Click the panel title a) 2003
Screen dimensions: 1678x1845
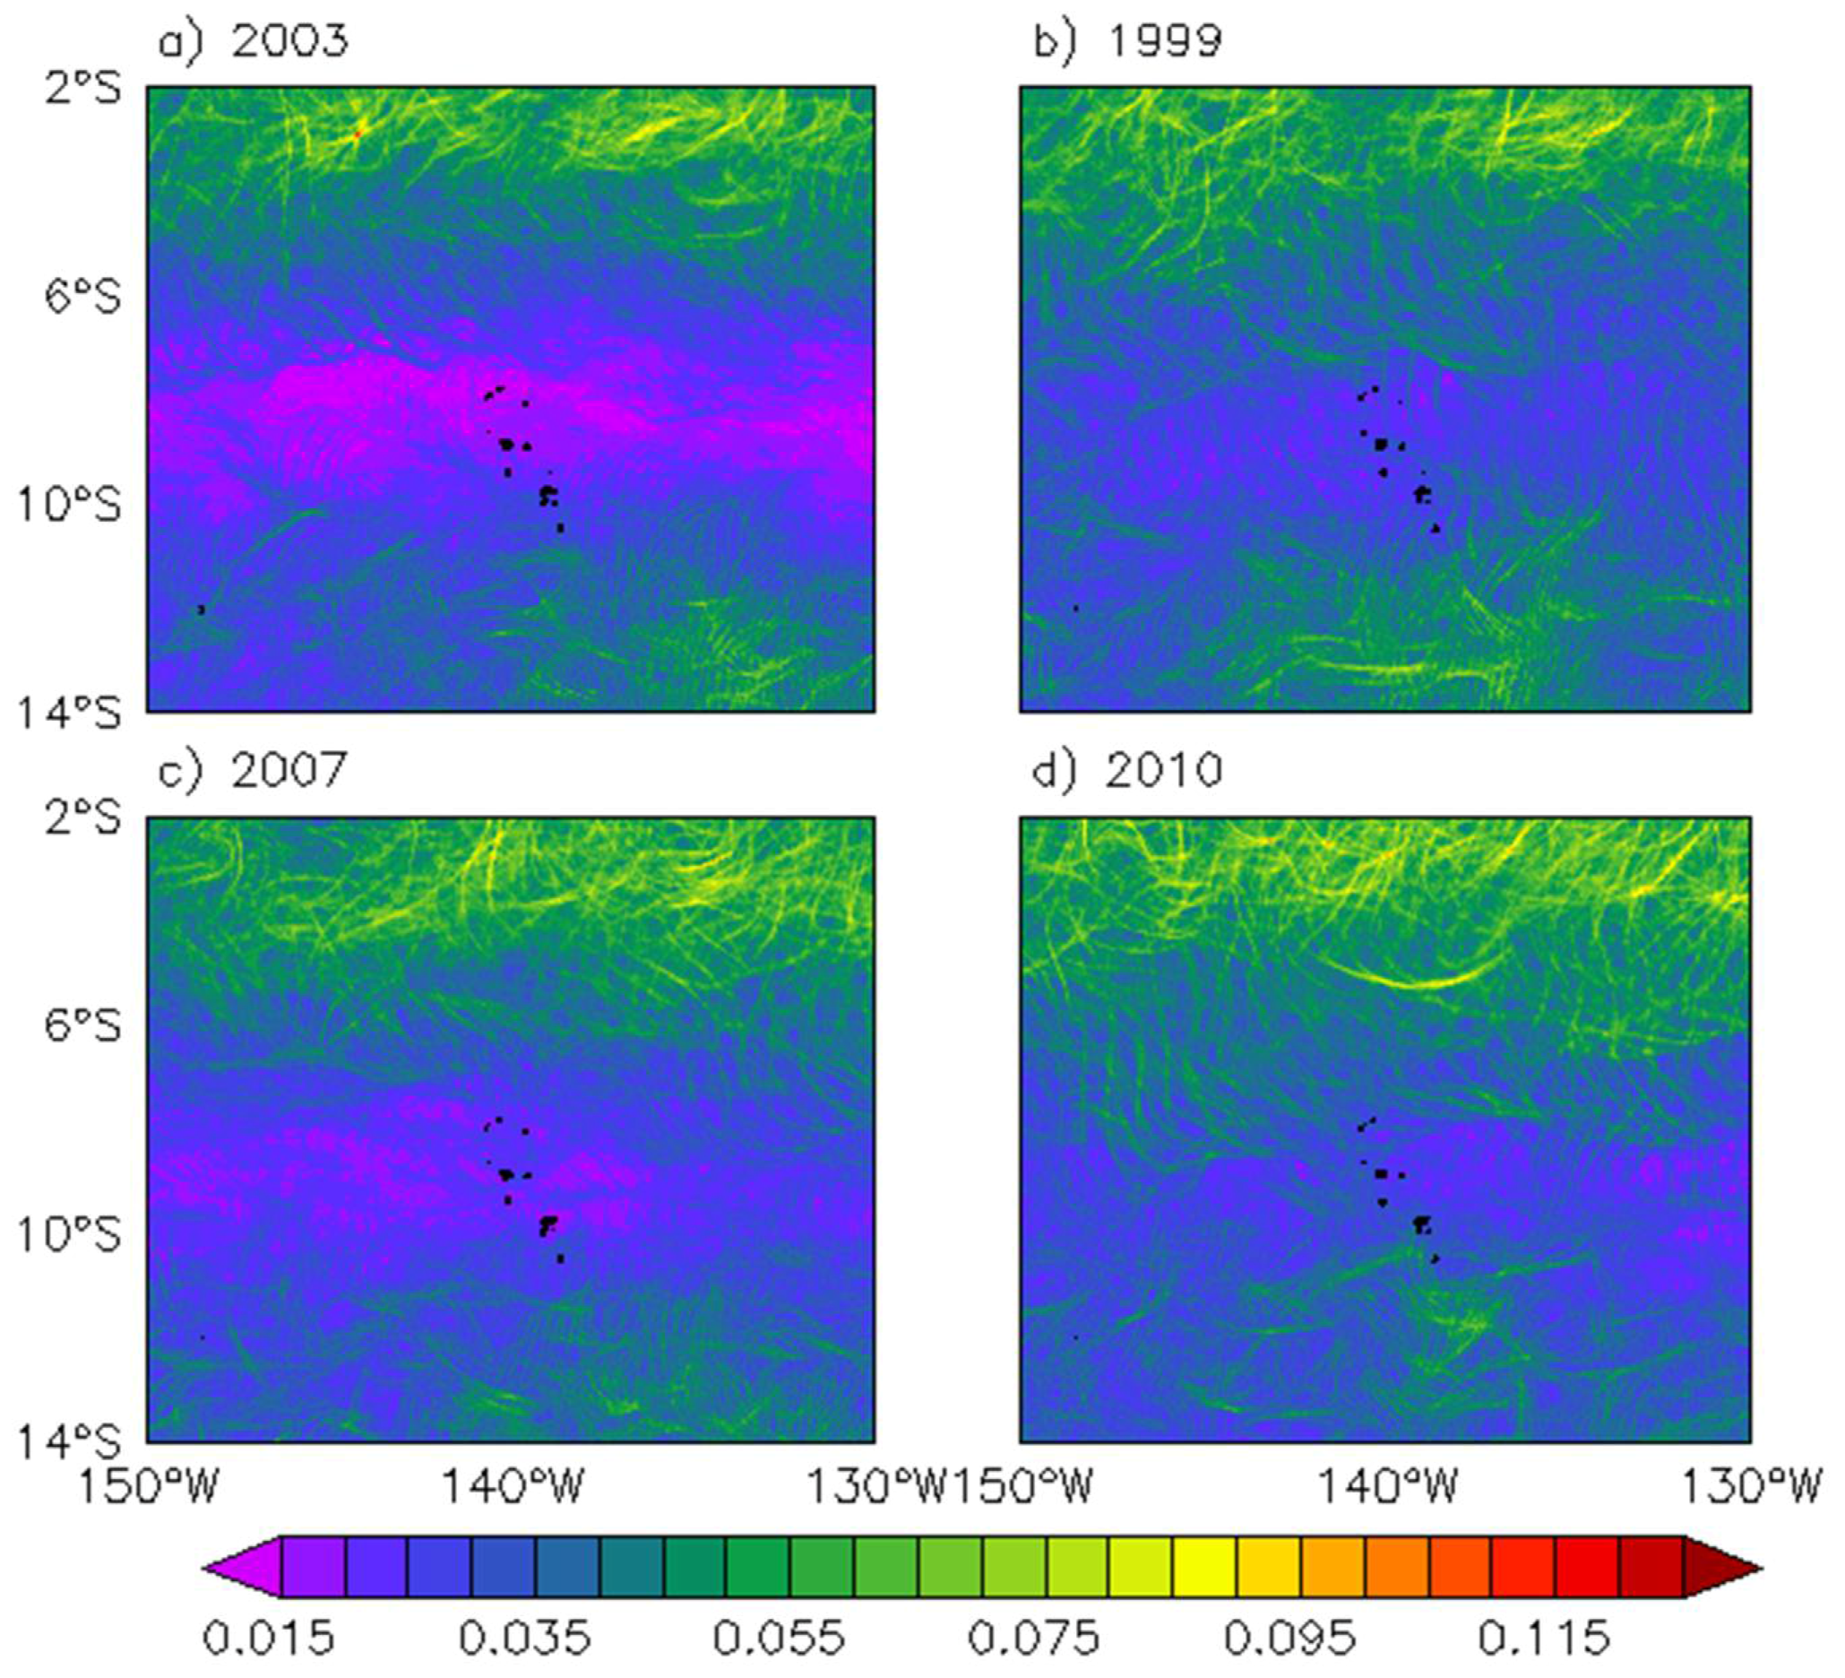click(254, 42)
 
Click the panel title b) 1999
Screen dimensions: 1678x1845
click(1127, 42)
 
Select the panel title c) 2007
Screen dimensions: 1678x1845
click(254, 770)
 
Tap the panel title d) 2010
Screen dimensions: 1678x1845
click(1127, 770)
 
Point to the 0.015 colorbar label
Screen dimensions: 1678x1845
click(268, 1637)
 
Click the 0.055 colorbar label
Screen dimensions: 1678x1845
click(779, 1637)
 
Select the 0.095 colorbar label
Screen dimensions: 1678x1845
click(1289, 1637)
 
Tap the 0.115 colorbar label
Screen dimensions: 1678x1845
click(1544, 1637)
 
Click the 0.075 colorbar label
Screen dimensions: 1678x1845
click(1034, 1637)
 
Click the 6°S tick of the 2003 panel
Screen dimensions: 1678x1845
click(83, 298)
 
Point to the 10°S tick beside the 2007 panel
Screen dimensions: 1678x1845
click(70, 1234)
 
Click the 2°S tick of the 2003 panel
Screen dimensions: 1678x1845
click(83, 90)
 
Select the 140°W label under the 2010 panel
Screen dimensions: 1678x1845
click(1386, 1486)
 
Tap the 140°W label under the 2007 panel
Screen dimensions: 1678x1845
click(513, 1486)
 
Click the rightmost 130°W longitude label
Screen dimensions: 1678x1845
click(1753, 1486)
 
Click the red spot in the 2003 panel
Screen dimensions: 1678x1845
click(358, 134)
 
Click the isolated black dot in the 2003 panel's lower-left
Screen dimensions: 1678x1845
click(201, 609)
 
